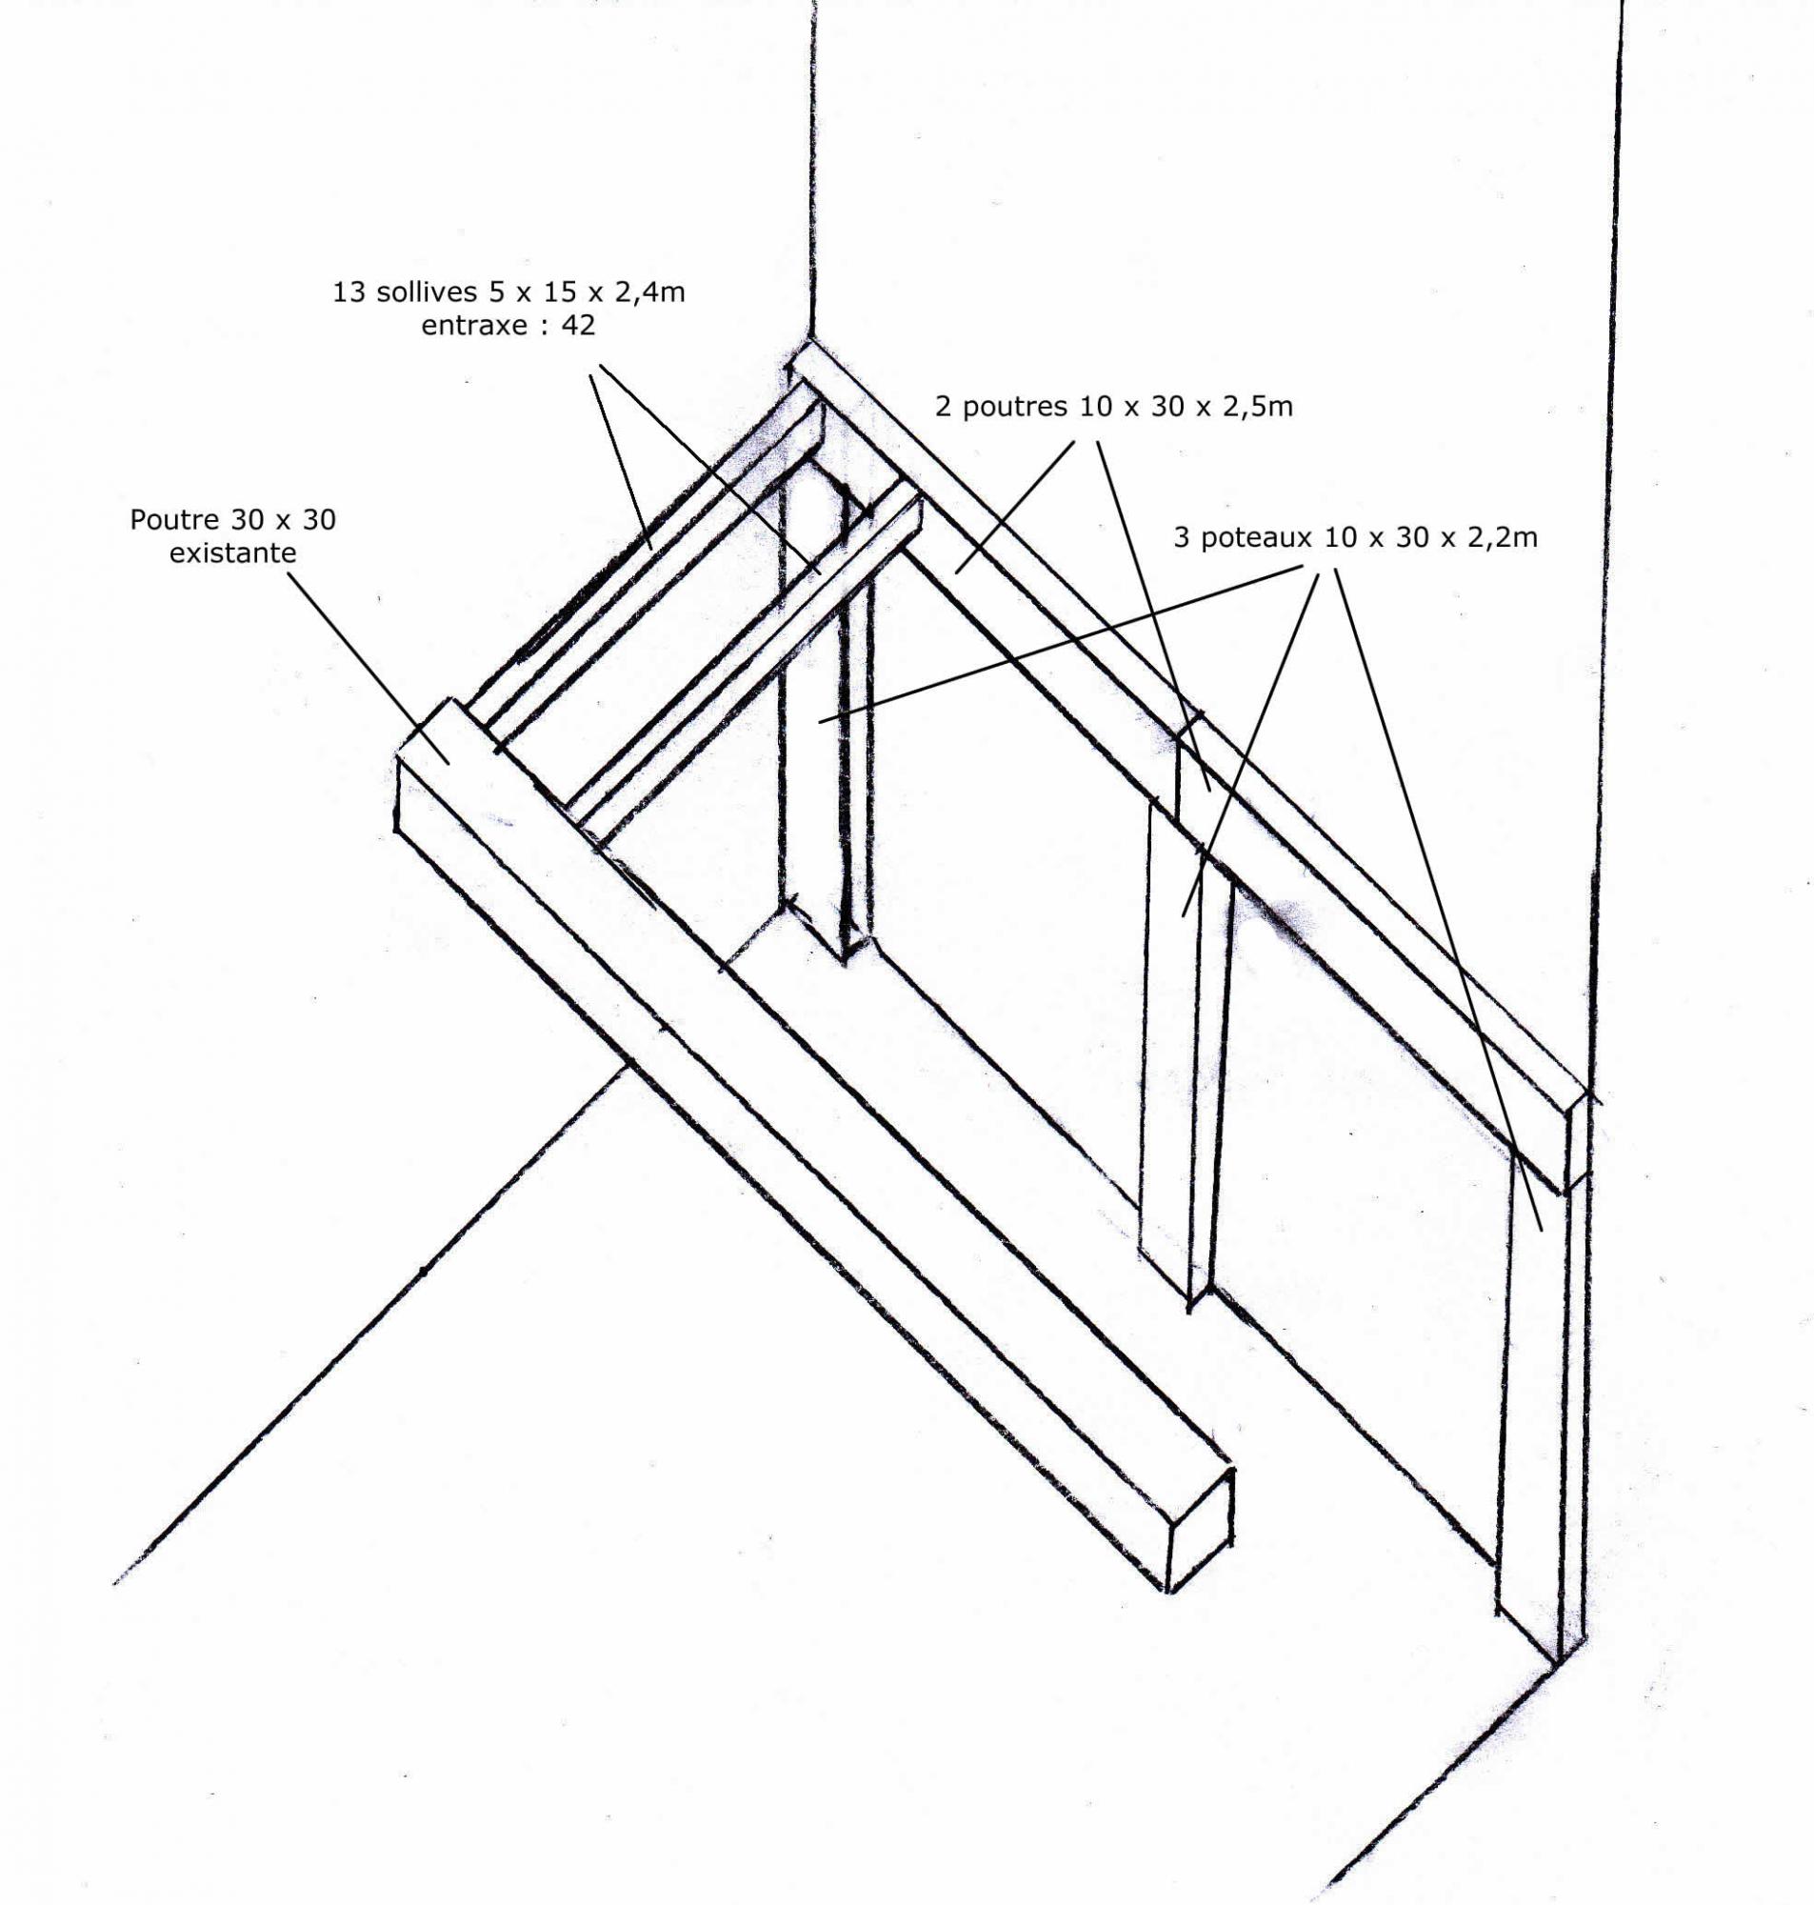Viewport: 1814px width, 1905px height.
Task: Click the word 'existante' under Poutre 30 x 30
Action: point(233,553)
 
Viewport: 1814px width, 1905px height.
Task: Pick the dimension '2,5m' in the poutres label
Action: point(1259,406)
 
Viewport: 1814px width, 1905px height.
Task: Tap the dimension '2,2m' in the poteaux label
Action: point(1503,536)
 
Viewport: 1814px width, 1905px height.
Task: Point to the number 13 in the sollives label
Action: point(348,292)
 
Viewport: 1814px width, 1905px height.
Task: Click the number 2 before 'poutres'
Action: point(943,406)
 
